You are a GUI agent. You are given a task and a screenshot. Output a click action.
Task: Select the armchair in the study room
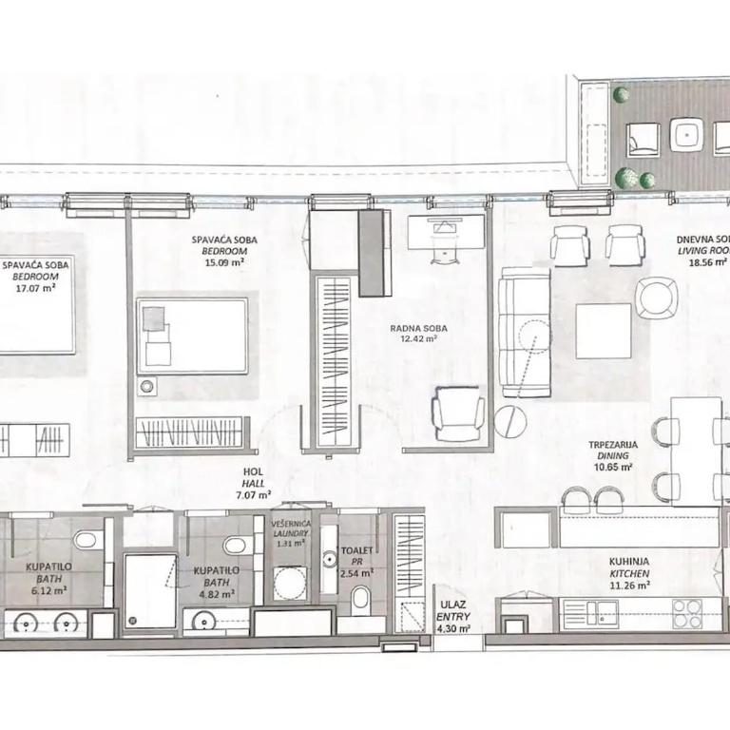pyautogui.click(x=458, y=414)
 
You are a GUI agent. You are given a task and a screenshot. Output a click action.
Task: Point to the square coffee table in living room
pyautogui.click(x=603, y=331)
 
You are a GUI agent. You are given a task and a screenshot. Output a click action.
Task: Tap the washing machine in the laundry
pyautogui.click(x=289, y=583)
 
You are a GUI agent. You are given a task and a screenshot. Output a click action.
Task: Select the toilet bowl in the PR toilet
pyautogui.click(x=361, y=599)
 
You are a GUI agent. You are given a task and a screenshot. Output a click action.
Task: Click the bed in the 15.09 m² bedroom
pyautogui.click(x=192, y=336)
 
